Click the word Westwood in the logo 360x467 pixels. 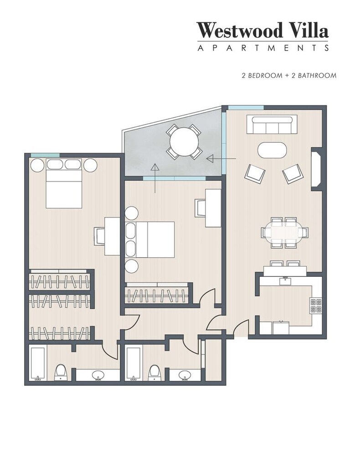pyautogui.click(x=239, y=30)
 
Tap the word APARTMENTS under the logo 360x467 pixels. pyautogui.click(x=263, y=48)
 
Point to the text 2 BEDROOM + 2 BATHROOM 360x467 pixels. pyautogui.click(x=289, y=75)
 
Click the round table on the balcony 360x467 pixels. pyautogui.click(x=184, y=141)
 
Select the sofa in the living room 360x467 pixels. pyautogui.click(x=272, y=125)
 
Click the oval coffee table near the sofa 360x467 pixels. pyautogui.click(x=272, y=150)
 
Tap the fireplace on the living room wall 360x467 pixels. pyautogui.click(x=316, y=169)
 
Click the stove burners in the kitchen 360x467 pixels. pyautogui.click(x=316, y=305)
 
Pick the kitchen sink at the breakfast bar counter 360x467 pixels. pyautogui.click(x=285, y=281)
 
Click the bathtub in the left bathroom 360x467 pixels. pyautogui.click(x=37, y=363)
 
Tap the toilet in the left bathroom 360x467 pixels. pyautogui.click(x=61, y=372)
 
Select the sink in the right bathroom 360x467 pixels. pyautogui.click(x=185, y=375)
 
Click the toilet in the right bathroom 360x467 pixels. pyautogui.click(x=154, y=373)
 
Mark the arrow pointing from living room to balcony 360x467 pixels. pyautogui.click(x=221, y=159)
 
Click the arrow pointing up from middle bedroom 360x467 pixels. pyautogui.click(x=155, y=178)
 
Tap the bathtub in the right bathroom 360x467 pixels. pyautogui.click(x=133, y=363)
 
